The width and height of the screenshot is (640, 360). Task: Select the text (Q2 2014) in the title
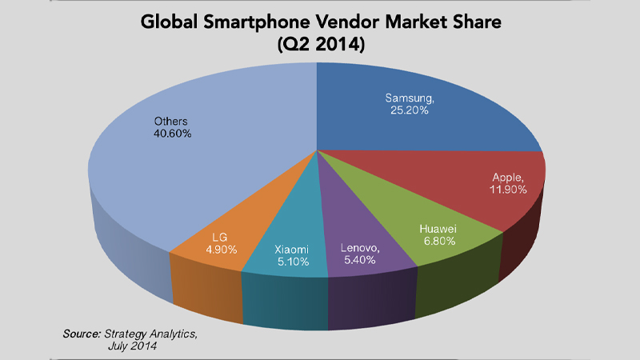click(320, 46)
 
